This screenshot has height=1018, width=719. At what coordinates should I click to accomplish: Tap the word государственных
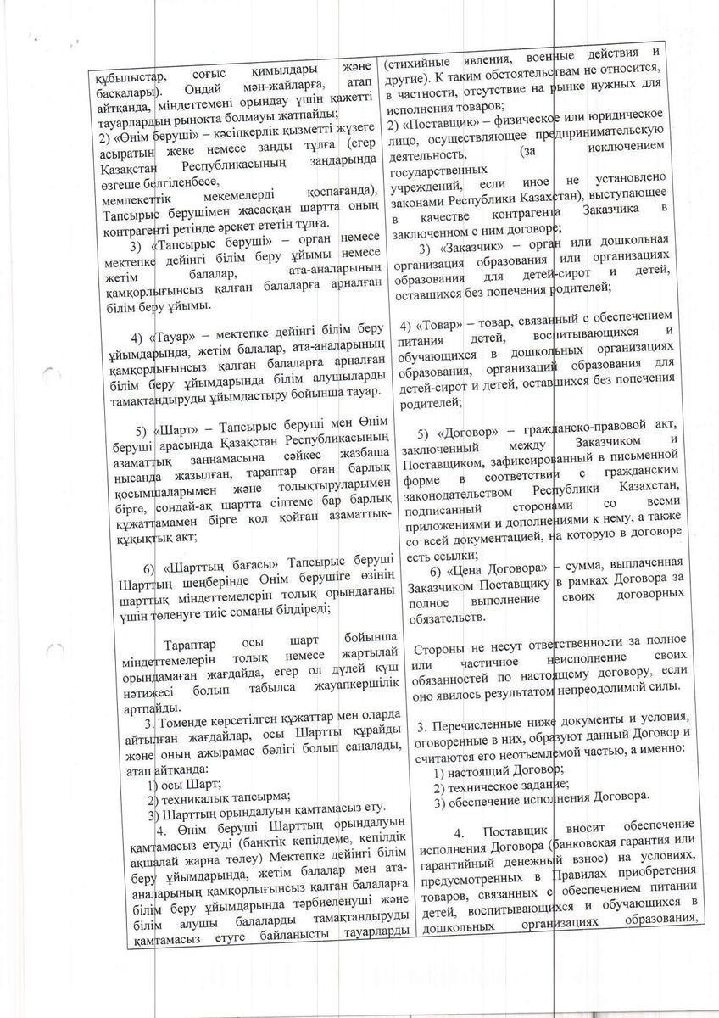click(438, 170)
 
